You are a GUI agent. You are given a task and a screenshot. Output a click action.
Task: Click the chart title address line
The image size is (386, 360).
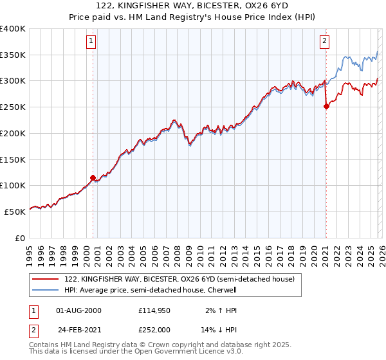[x=192, y=4]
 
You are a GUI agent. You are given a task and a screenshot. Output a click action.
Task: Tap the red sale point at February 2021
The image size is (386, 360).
[x=326, y=107]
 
